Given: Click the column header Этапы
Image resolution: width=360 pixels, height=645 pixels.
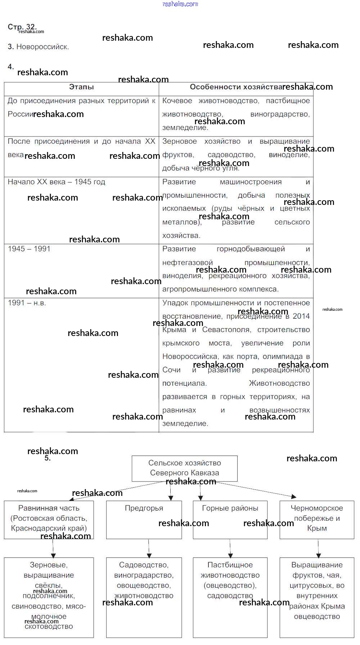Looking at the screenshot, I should point(81,87).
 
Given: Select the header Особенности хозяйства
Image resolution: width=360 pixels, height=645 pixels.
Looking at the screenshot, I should point(236,87).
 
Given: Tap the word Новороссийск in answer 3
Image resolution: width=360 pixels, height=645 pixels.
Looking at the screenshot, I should point(42,47).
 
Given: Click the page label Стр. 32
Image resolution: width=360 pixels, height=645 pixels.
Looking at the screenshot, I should point(22,27).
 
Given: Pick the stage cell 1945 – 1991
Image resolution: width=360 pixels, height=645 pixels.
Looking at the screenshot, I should point(29,249).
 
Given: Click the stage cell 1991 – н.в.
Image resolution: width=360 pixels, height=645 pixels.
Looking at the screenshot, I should point(27,303).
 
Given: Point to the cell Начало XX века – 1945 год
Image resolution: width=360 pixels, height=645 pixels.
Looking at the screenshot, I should point(57,182).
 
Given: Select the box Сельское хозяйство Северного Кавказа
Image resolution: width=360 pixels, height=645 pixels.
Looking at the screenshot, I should point(185,468).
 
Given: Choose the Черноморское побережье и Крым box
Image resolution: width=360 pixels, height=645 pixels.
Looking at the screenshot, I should point(317,519).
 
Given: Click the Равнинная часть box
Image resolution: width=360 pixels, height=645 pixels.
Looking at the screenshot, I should point(49,519).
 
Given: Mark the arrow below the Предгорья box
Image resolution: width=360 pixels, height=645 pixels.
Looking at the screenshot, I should point(149,548).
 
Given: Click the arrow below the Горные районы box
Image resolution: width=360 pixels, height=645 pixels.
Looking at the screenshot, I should point(230,548).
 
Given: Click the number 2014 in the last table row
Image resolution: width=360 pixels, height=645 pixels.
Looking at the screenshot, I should point(301,316).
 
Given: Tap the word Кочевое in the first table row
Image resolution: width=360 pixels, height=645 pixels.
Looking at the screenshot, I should point(177,101).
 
